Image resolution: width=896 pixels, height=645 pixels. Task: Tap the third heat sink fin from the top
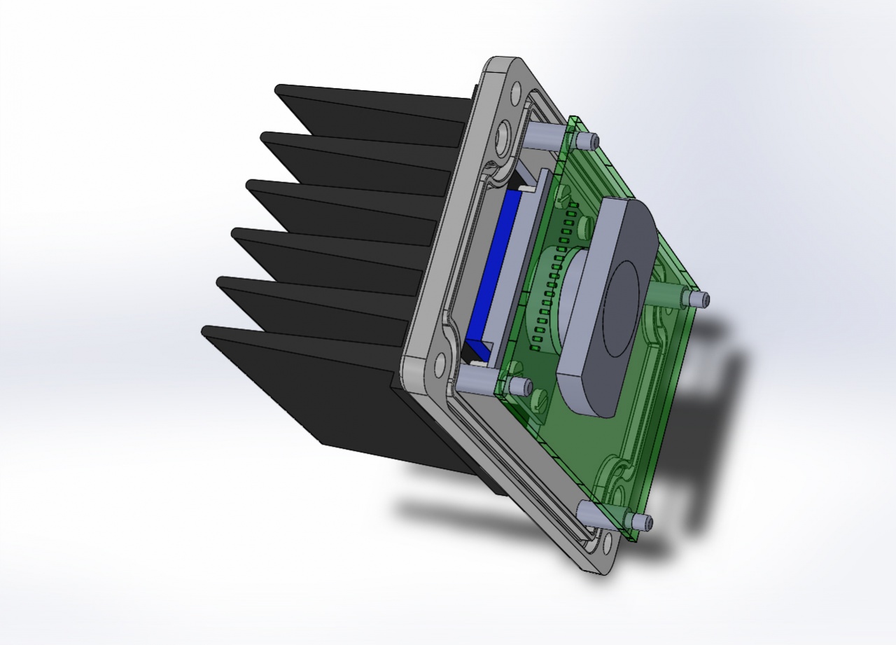tap(343, 203)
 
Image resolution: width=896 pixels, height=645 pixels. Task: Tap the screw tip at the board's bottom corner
tap(641, 522)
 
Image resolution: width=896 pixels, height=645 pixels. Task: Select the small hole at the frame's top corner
tap(517, 91)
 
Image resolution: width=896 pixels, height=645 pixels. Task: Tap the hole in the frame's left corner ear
tap(440, 363)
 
